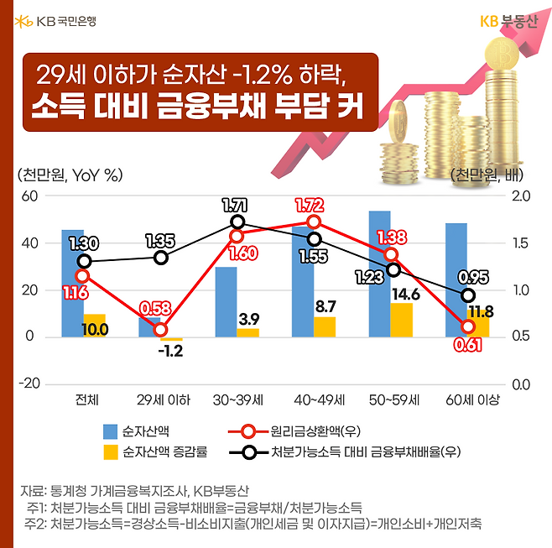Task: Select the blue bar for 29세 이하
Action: pyautogui.click(x=149, y=327)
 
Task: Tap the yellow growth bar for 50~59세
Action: pyautogui.click(x=401, y=320)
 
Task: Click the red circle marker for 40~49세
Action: pyautogui.click(x=315, y=222)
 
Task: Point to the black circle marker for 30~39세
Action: pyautogui.click(x=237, y=222)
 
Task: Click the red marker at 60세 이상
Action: pyautogui.click(x=468, y=326)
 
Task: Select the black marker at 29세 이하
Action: pyautogui.click(x=161, y=257)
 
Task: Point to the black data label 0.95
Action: pyautogui.click(x=473, y=278)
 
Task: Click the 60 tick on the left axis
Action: pyautogui.click(x=30, y=196)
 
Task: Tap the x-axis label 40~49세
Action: pyautogui.click(x=315, y=399)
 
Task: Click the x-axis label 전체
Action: pyautogui.click(x=85, y=399)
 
